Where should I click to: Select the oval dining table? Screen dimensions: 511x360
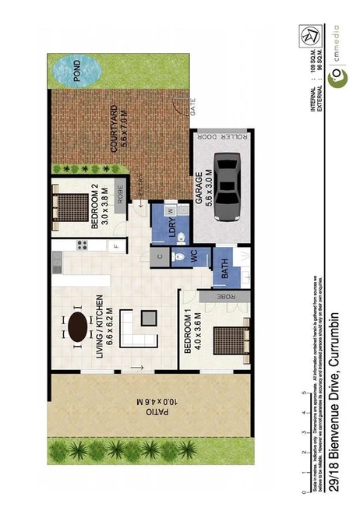[79, 327]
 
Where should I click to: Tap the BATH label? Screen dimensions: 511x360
[225, 269]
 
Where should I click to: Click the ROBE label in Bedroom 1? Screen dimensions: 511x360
[222, 298]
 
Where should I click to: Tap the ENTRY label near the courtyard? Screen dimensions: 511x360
[141, 189]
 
